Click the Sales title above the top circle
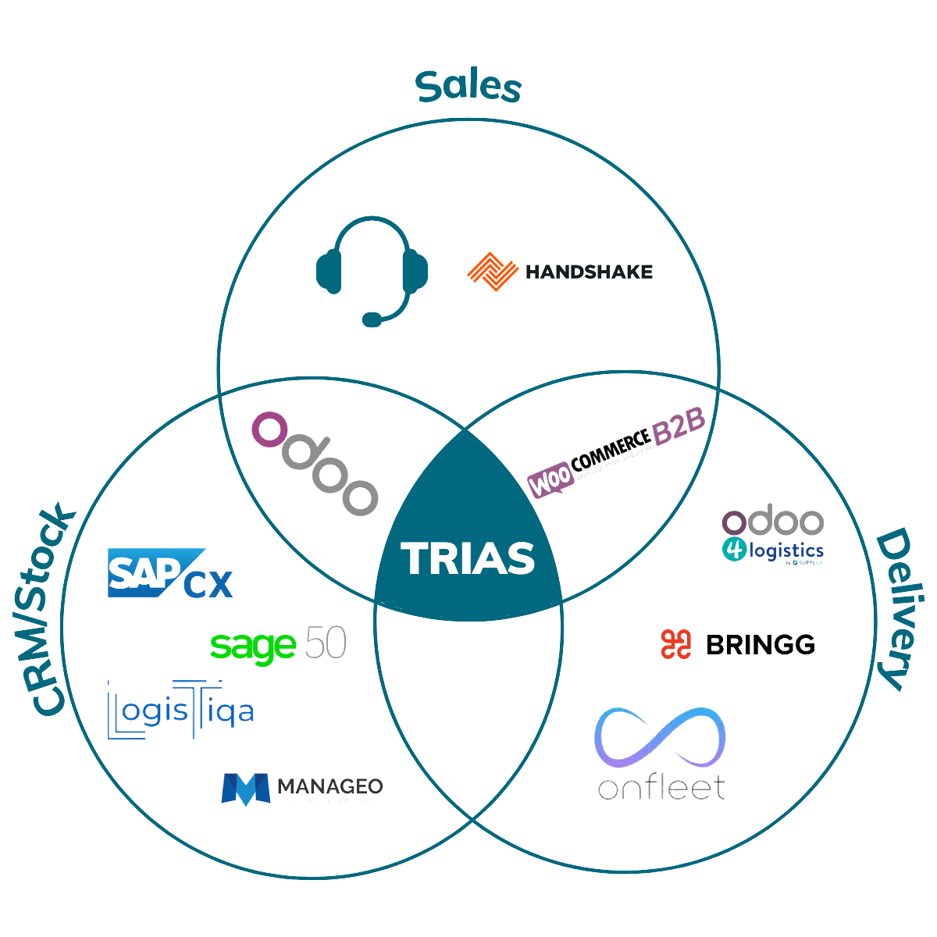click(x=468, y=87)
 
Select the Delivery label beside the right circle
click(x=891, y=610)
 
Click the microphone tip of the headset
click(x=373, y=319)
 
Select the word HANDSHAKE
click(x=589, y=272)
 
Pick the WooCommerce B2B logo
click(x=617, y=461)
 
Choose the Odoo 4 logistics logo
click(x=772, y=536)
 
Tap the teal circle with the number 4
click(x=734, y=549)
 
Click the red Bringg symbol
click(x=676, y=644)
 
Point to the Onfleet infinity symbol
click(x=661, y=738)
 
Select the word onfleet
click(x=661, y=787)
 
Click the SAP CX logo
click(x=169, y=573)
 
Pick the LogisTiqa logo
click(x=180, y=709)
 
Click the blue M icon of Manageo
click(x=245, y=789)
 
